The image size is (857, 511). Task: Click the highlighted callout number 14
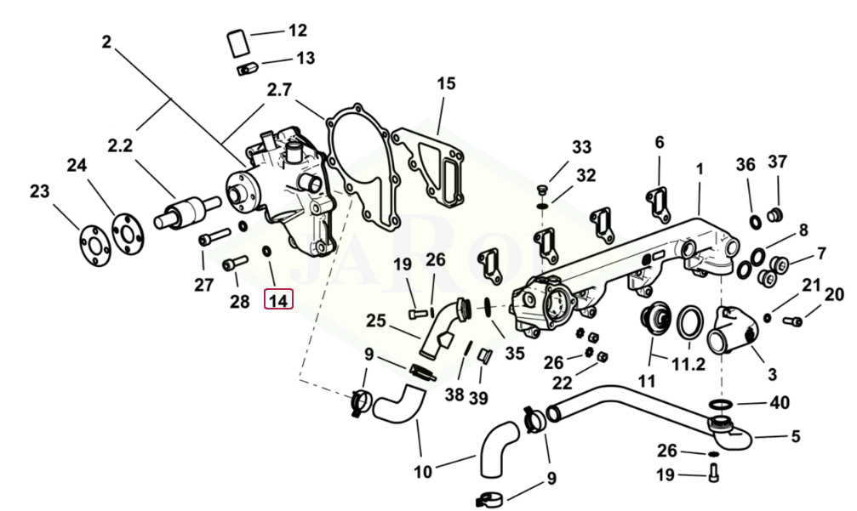click(x=278, y=299)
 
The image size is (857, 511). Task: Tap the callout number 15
click(x=446, y=83)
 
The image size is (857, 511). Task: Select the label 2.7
click(x=278, y=89)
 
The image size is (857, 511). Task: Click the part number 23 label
click(x=40, y=191)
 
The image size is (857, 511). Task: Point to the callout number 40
click(x=779, y=402)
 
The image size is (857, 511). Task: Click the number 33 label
click(x=581, y=147)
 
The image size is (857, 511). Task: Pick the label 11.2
click(x=689, y=366)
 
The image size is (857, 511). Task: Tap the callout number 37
click(x=778, y=162)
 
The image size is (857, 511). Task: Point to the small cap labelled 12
click(x=237, y=41)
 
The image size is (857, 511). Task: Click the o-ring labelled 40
click(x=720, y=402)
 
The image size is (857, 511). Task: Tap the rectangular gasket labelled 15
click(x=431, y=171)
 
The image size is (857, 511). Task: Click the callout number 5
click(x=795, y=437)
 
